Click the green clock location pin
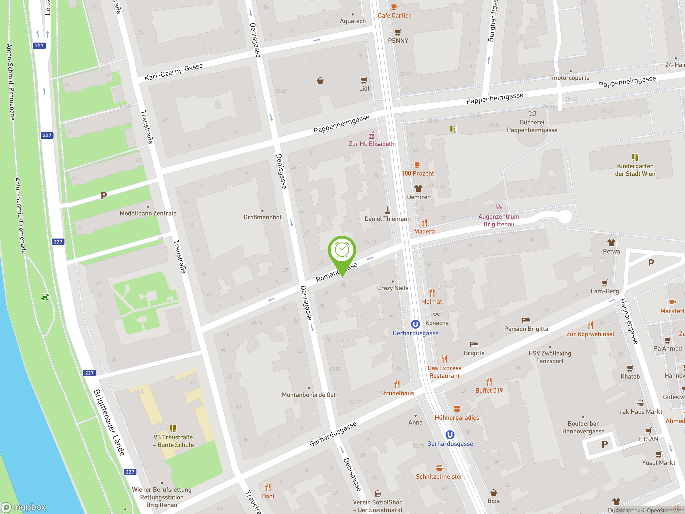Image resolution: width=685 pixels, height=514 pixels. tap(342, 250)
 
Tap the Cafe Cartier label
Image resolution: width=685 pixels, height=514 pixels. tap(394, 16)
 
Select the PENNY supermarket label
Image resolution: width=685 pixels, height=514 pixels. tap(398, 41)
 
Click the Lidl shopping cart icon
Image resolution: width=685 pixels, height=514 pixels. tap(364, 80)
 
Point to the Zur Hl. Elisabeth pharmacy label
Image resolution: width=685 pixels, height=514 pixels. tap(371, 144)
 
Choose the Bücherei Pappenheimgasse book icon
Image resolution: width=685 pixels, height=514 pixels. tap(532, 114)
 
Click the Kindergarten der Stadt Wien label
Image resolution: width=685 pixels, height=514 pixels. tap(635, 170)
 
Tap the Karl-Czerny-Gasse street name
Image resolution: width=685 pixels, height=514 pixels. tap(173, 72)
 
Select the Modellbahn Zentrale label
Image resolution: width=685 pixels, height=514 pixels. tap(148, 213)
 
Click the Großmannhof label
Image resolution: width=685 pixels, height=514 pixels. tap(262, 217)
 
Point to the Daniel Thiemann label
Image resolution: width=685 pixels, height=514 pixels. tap(387, 219)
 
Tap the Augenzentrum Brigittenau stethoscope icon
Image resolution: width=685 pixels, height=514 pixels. tap(498, 207)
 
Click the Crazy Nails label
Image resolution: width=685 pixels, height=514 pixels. tap(392, 288)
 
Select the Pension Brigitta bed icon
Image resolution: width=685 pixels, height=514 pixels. tap(526, 320)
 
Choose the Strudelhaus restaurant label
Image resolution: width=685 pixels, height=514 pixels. tap(397, 393)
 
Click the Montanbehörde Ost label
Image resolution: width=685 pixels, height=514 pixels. tap(309, 395)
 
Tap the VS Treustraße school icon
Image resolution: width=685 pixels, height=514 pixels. tap(173, 429)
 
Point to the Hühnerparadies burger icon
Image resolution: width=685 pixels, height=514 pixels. tap(457, 409)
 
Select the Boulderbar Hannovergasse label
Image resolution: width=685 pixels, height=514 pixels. tap(583, 427)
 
